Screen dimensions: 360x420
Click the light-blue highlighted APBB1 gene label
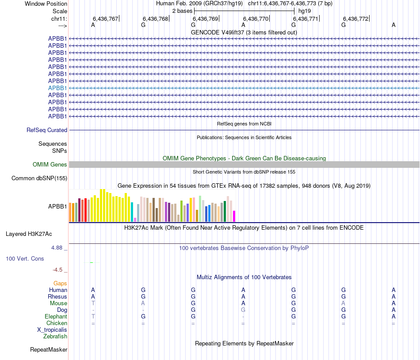click(57, 88)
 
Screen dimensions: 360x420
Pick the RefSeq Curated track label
click(47, 130)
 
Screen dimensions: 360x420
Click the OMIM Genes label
click(50, 165)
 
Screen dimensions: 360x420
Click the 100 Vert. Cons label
click(25, 258)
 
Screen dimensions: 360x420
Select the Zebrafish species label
click(55, 337)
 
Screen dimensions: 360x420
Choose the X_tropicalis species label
click(52, 330)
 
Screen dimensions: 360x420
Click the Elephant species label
click(56, 317)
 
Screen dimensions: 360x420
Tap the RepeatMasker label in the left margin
click(49, 350)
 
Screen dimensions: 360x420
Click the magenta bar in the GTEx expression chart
click(234, 216)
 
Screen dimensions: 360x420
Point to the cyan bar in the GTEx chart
click(132, 212)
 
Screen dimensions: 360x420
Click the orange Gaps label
click(60, 283)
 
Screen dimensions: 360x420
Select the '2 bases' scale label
click(182, 11)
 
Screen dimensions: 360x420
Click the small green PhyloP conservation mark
click(91, 262)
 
